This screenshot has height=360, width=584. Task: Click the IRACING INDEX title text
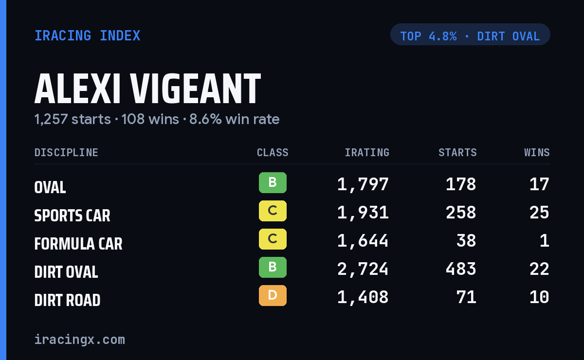[x=87, y=36]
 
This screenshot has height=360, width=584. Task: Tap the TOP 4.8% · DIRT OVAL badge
[x=470, y=35]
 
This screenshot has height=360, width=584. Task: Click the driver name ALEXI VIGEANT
[x=147, y=89]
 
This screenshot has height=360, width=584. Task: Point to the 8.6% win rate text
[x=234, y=119]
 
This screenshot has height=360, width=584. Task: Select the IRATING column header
[x=367, y=152]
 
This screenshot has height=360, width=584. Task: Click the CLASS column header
[x=273, y=152]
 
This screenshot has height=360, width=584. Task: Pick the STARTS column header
[x=457, y=152]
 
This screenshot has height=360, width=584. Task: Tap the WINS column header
[x=537, y=152]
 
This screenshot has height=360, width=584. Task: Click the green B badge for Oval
[x=273, y=183]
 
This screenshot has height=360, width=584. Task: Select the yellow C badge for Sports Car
[x=273, y=211]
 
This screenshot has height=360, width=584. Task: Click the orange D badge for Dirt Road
[x=273, y=296]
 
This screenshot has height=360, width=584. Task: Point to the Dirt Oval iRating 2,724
[x=363, y=270]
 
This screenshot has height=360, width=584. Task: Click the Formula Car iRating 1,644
[x=363, y=241]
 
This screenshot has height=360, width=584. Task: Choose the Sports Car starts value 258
[x=461, y=213]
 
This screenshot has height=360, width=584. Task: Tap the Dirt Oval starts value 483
[x=461, y=269]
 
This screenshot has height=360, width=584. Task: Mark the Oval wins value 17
[x=539, y=184]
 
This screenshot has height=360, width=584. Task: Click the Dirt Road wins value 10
[x=539, y=297]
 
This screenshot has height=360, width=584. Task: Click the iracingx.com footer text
[x=80, y=340]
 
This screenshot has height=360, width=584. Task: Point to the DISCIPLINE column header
[x=66, y=152]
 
